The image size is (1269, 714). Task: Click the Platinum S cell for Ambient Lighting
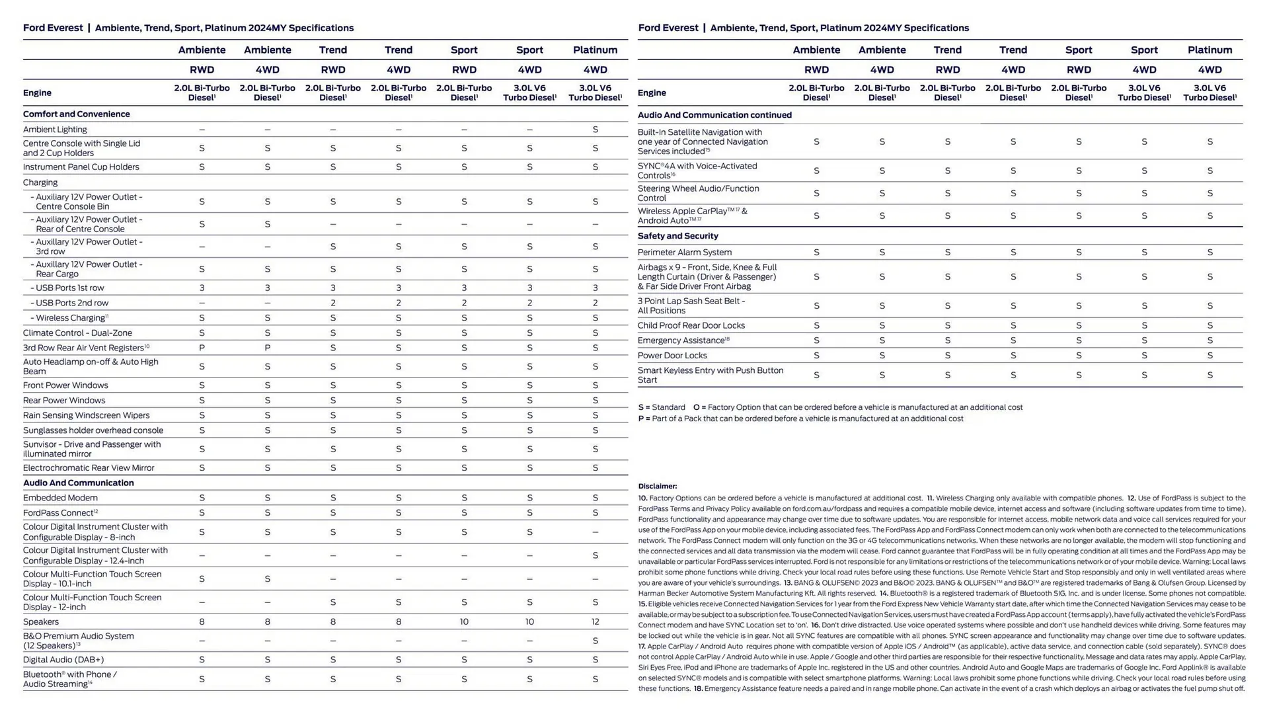[x=595, y=130]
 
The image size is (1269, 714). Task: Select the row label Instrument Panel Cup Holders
[x=81, y=167]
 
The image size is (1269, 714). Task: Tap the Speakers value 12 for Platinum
[x=595, y=622]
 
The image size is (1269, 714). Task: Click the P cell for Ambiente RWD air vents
[x=202, y=348]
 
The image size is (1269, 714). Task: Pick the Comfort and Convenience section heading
[x=76, y=114]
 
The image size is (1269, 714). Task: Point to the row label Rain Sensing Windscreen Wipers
[x=86, y=415]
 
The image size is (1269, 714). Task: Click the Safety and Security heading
[x=677, y=236]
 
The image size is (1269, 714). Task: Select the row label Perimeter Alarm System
[x=684, y=253]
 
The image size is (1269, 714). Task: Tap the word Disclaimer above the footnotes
[x=657, y=487]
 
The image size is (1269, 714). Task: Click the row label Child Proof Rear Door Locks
[x=691, y=325]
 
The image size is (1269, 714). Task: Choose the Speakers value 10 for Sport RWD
[x=464, y=622]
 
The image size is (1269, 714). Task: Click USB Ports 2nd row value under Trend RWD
[x=332, y=303]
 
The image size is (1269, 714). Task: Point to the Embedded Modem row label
[x=60, y=498]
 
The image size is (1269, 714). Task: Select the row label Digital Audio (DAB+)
[x=63, y=660]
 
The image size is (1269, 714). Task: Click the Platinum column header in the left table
[x=595, y=50]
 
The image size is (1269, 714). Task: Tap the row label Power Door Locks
[x=672, y=356]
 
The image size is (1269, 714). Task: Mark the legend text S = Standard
[x=662, y=407]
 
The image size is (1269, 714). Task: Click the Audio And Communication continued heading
[x=714, y=115]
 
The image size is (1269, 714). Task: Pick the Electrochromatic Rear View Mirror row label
[x=89, y=468]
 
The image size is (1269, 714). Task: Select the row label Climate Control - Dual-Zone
[x=77, y=333]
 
